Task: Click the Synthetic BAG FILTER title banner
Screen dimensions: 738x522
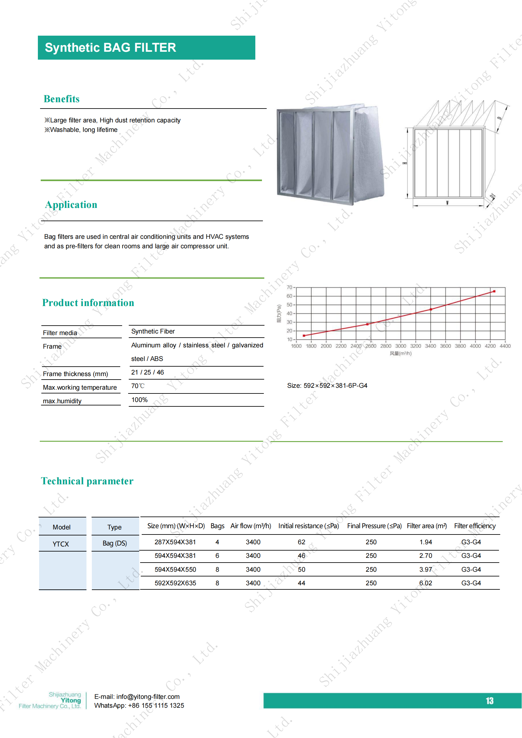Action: tap(146, 48)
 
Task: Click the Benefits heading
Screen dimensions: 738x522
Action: tap(62, 99)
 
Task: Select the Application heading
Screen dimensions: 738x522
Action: tap(71, 205)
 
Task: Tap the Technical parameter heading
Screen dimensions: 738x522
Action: tap(87, 481)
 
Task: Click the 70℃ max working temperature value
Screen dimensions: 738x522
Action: tap(138, 386)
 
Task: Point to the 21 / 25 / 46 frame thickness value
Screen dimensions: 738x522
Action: tap(147, 372)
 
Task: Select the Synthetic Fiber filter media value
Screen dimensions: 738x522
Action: tap(153, 331)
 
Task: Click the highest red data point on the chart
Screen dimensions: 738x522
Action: tap(494, 291)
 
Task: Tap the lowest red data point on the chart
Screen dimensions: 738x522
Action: tap(304, 336)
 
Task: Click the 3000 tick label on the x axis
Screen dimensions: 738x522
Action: tap(400, 346)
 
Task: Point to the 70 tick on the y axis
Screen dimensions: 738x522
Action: tap(289, 287)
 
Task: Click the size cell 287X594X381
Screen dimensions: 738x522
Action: tap(175, 542)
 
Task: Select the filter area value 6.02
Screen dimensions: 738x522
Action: tap(425, 583)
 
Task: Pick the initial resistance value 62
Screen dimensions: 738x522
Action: tap(301, 542)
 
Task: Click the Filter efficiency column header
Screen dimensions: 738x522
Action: tap(475, 526)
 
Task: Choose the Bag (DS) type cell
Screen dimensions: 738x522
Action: tap(115, 543)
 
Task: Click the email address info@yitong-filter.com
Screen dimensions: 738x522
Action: tap(148, 697)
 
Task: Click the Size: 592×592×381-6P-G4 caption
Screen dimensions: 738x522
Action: tap(327, 385)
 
